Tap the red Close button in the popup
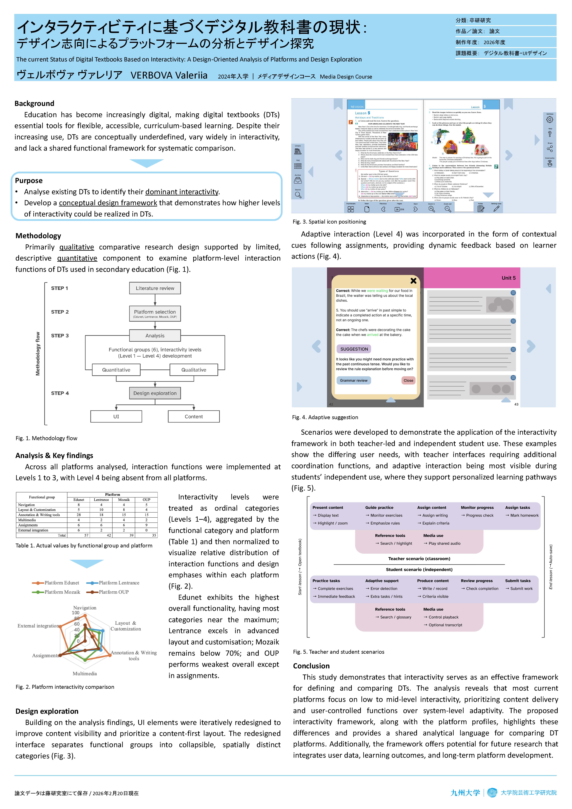point(408,381)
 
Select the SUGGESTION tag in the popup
point(354,349)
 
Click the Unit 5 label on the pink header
point(509,278)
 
